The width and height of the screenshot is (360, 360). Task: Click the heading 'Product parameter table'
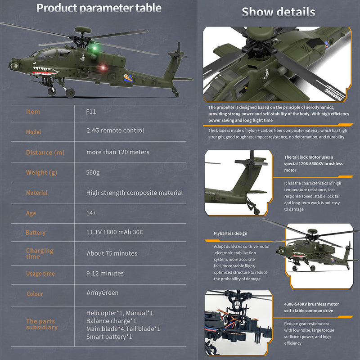(x=99, y=8)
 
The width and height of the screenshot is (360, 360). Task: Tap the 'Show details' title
(x=278, y=12)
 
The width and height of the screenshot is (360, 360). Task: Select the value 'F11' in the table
(x=91, y=112)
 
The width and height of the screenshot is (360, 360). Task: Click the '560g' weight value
(x=93, y=172)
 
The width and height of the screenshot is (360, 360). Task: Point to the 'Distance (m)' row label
(x=45, y=153)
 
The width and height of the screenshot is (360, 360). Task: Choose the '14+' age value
(x=91, y=213)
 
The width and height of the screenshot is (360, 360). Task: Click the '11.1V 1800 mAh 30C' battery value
(x=115, y=232)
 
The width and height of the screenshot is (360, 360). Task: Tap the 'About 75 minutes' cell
(x=112, y=253)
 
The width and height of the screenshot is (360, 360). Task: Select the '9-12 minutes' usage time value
(x=105, y=273)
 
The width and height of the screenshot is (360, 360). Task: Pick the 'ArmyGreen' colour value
(x=103, y=293)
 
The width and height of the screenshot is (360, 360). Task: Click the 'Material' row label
(x=37, y=193)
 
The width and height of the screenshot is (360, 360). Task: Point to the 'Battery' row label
(x=36, y=233)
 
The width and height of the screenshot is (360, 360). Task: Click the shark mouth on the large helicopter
(x=45, y=71)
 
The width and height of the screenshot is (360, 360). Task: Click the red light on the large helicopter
(x=102, y=67)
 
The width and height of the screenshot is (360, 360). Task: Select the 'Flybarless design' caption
(x=230, y=234)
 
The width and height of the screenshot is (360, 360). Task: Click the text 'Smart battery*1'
(x=109, y=337)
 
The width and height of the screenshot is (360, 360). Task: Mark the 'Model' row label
(x=33, y=132)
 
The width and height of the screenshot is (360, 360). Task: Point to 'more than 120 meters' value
(x=118, y=152)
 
